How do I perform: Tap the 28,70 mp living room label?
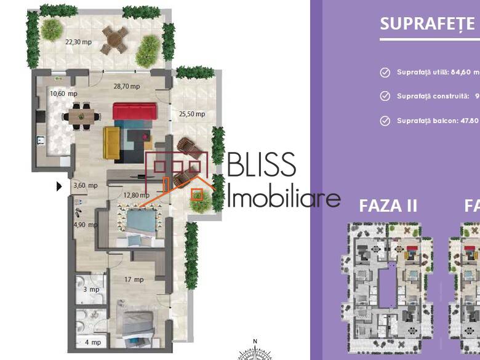pyautogui.click(x=126, y=87)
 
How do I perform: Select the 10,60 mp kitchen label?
pyautogui.click(x=63, y=94)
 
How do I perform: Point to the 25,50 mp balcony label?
pyautogui.click(x=192, y=114)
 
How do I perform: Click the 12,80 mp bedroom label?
pyautogui.click(x=136, y=196)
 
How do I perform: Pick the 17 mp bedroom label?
pyautogui.click(x=134, y=279)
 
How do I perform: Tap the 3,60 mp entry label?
pyautogui.click(x=86, y=185)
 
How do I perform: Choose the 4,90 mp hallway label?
pyautogui.click(x=86, y=225)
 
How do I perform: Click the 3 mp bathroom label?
pyautogui.click(x=92, y=289)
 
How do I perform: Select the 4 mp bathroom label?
pyautogui.click(x=92, y=342)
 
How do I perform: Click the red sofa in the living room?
pyautogui.click(x=135, y=111)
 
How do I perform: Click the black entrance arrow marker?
pyautogui.click(x=59, y=186)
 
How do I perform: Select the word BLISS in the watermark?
pyautogui.click(x=262, y=166)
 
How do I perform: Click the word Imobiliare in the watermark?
pyautogui.click(x=284, y=198)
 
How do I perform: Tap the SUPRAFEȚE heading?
pyautogui.click(x=427, y=24)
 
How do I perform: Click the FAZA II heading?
pyautogui.click(x=388, y=206)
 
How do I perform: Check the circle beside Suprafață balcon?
pyautogui.click(x=385, y=121)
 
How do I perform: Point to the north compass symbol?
pyautogui.click(x=255, y=351)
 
